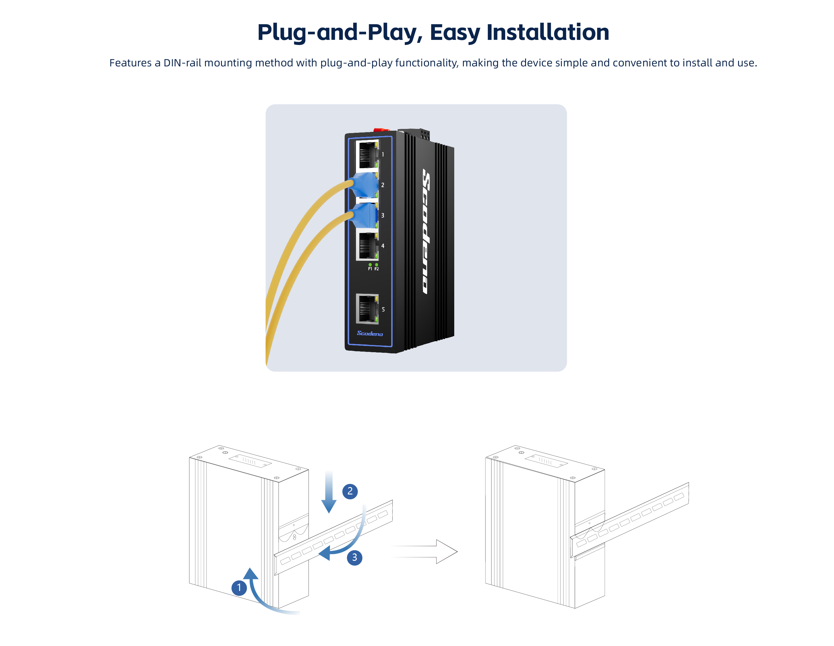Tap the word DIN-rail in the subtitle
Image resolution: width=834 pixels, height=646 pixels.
(183, 63)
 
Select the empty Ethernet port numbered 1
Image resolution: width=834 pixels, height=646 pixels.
(367, 154)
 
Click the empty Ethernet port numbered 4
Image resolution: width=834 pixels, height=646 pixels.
(367, 246)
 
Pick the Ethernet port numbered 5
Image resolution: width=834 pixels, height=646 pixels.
(367, 308)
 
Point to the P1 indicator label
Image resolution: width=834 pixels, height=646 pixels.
(370, 269)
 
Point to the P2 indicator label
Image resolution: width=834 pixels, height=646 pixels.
(376, 269)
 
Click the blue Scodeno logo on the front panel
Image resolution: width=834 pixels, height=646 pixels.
(370, 333)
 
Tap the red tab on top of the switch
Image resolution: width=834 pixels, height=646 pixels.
(381, 130)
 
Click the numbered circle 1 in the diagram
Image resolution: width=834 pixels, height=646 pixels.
(239, 587)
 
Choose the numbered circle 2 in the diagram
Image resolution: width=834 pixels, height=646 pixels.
(350, 491)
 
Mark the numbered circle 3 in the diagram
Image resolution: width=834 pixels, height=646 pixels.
(354, 558)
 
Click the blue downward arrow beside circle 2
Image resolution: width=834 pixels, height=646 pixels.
(329, 492)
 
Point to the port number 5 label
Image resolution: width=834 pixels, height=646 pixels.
(383, 309)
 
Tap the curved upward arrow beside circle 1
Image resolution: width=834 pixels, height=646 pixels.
(260, 592)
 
